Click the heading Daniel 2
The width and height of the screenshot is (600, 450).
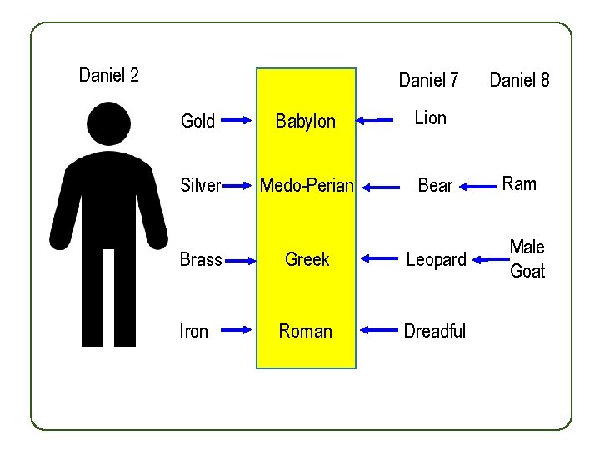[x=108, y=76]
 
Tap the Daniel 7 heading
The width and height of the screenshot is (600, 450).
[x=428, y=80]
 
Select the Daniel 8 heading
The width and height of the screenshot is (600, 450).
[x=519, y=80]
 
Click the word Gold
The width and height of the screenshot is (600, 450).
[x=197, y=122]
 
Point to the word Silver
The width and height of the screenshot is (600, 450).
[x=201, y=186]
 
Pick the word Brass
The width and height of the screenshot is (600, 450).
[x=201, y=259]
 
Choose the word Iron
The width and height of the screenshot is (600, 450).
[x=194, y=332]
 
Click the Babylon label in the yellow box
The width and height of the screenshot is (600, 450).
[x=306, y=122]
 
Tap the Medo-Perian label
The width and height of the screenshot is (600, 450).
[x=307, y=186]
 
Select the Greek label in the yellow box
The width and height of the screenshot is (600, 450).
[x=307, y=259]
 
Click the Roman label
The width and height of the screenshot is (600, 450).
[x=306, y=332]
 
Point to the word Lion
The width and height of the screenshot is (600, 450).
[x=431, y=118]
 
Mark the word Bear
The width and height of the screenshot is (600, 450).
[x=435, y=186]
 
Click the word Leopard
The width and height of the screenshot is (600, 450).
[x=436, y=260]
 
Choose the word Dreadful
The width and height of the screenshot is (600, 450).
[x=434, y=332]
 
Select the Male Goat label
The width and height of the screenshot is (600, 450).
[x=527, y=258]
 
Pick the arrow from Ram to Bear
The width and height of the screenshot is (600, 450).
[x=477, y=187]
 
